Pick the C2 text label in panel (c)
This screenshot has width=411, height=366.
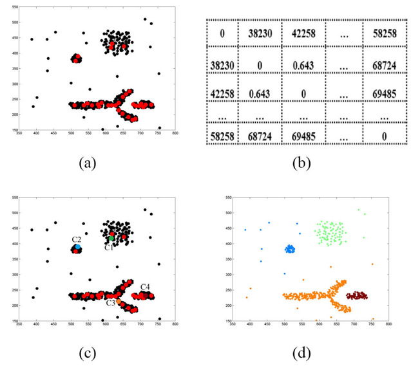[x=76, y=239]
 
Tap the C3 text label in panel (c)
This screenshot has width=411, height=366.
[x=111, y=302]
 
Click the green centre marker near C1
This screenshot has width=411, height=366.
[x=111, y=239]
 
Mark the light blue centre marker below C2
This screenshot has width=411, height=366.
[x=77, y=246]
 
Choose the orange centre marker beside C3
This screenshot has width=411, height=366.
[x=119, y=300]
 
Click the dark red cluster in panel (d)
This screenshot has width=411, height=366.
[x=356, y=295]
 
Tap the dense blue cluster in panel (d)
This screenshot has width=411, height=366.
[x=290, y=249]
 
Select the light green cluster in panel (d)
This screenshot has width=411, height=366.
[x=329, y=233]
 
